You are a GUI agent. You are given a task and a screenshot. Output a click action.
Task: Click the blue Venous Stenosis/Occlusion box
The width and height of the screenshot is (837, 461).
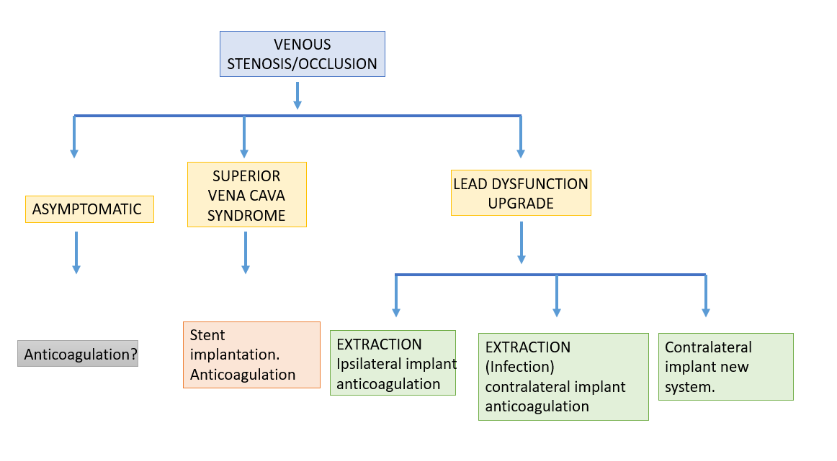pyautogui.click(x=302, y=54)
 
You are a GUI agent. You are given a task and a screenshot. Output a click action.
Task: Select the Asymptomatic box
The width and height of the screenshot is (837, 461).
pyautogui.click(x=89, y=209)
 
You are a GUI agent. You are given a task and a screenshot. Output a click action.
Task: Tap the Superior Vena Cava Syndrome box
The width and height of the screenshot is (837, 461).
pyautogui.click(x=246, y=194)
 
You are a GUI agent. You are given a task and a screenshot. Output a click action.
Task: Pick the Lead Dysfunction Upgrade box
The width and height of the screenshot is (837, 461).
pyautogui.click(x=521, y=193)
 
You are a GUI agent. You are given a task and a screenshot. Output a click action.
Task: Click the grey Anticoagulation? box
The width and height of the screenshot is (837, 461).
pyautogui.click(x=78, y=354)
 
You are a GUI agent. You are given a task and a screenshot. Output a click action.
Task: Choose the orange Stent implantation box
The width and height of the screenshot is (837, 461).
pyautogui.click(x=251, y=355)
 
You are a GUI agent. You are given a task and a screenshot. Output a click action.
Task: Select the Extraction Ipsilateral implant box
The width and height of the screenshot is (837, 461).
pyautogui.click(x=393, y=363)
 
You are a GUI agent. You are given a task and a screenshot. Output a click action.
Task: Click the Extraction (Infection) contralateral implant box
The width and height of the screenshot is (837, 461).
pyautogui.click(x=564, y=377)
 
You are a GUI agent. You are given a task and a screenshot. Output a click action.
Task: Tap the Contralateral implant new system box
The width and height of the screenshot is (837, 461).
pyautogui.click(x=726, y=367)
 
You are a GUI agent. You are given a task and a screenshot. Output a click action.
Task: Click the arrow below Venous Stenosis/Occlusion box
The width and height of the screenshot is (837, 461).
pyautogui.click(x=298, y=96)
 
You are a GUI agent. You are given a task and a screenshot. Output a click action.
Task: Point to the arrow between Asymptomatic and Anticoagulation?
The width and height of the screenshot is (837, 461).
pyautogui.click(x=76, y=252)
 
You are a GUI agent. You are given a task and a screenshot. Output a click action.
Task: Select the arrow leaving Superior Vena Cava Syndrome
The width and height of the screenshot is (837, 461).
pyautogui.click(x=246, y=252)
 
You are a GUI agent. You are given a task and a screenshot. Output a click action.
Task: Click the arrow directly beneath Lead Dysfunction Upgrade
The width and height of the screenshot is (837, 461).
pyautogui.click(x=522, y=242)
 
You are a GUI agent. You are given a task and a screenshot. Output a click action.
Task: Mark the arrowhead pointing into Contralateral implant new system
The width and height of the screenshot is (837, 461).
pyautogui.click(x=706, y=313)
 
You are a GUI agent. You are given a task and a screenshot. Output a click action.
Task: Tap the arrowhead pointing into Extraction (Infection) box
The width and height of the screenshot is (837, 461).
pyautogui.click(x=557, y=313)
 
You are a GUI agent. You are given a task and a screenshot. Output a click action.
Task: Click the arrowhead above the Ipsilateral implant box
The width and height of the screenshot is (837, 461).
pyautogui.click(x=396, y=313)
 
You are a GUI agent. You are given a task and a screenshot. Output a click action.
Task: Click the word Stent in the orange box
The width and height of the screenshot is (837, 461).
pyautogui.click(x=207, y=335)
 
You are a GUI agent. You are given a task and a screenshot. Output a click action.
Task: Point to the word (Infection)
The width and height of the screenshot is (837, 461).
pyautogui.click(x=520, y=367)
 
